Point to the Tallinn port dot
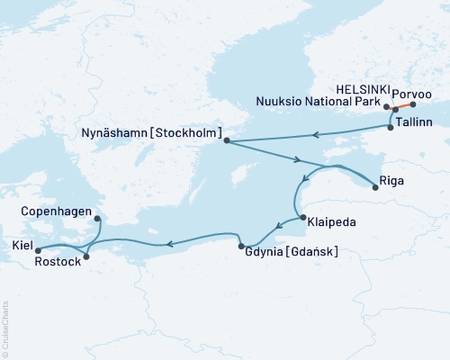coord(390,128)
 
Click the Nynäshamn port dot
coord(226,140)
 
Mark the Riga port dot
coord(375,186)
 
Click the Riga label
coord(393,180)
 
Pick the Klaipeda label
coord(328,220)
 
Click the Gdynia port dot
coord(240,247)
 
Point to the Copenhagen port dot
coord(97,219)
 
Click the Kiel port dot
coord(38,250)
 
